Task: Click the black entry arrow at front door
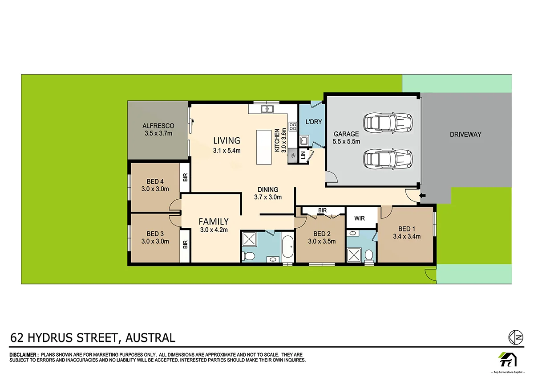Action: tap(423, 196)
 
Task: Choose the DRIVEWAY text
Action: tap(465, 134)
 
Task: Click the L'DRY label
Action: tap(313, 122)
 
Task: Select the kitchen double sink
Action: tap(267, 109)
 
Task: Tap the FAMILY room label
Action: tap(214, 222)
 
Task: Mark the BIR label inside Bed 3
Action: tap(185, 244)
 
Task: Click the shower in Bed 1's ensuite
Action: tap(355, 255)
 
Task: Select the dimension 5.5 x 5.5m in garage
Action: tap(346, 141)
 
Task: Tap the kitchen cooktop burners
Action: tap(293, 126)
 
